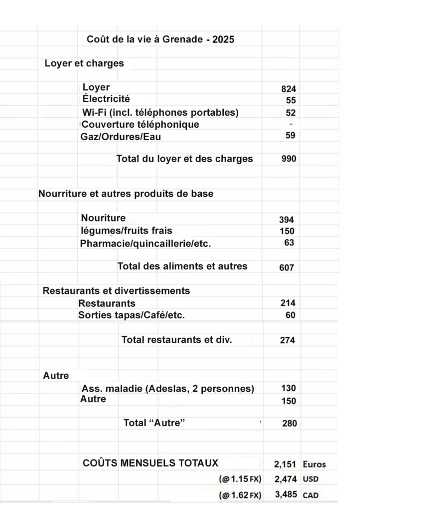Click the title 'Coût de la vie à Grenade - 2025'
[160, 39]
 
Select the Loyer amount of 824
[288, 89]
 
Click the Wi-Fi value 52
[290, 113]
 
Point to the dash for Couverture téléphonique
[291, 123]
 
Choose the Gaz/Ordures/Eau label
[121, 136]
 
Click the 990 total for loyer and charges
[288, 159]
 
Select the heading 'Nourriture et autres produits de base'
[126, 194]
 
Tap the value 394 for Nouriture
[286, 220]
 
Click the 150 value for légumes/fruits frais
[286, 231]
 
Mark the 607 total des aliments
[286, 267]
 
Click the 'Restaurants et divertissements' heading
[116, 290]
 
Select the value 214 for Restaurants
[287, 303]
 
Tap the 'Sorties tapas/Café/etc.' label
[135, 315]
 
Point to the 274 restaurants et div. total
[287, 340]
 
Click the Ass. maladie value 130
[288, 388]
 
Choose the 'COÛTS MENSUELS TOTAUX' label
[150, 463]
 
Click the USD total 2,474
[285, 480]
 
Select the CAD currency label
[310, 496]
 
